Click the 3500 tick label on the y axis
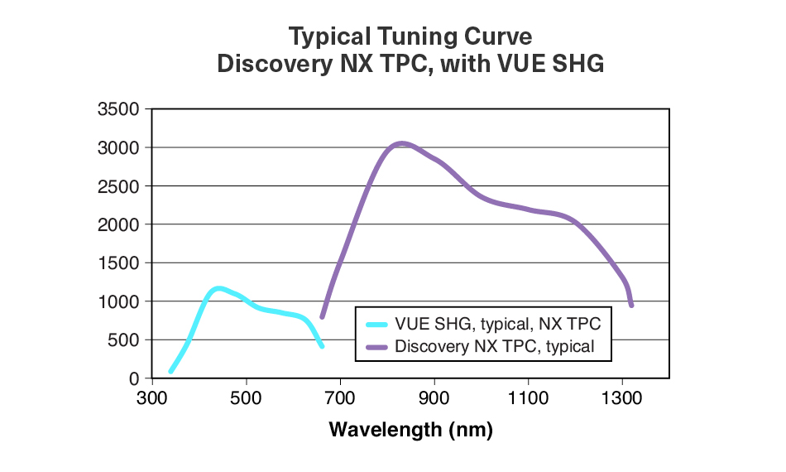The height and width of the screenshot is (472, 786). click(x=119, y=109)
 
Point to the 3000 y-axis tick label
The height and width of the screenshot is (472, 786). click(x=119, y=147)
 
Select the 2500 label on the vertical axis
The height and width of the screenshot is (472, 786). click(x=119, y=186)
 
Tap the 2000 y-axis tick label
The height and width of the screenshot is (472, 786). click(x=119, y=224)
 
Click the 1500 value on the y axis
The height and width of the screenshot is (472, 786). click(x=119, y=263)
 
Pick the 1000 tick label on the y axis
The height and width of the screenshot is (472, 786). click(x=119, y=301)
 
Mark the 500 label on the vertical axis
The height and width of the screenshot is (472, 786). click(x=124, y=340)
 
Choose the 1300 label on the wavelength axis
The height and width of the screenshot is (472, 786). click(x=622, y=397)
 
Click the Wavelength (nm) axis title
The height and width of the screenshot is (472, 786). click(x=410, y=430)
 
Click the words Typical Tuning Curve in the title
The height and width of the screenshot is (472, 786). click(x=410, y=36)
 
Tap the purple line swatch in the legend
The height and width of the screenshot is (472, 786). click(x=376, y=346)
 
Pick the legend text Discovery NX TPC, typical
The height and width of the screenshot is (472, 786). click(x=495, y=346)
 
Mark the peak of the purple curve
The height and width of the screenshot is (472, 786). click(x=401, y=143)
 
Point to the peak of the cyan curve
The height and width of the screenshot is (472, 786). click(x=218, y=288)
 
